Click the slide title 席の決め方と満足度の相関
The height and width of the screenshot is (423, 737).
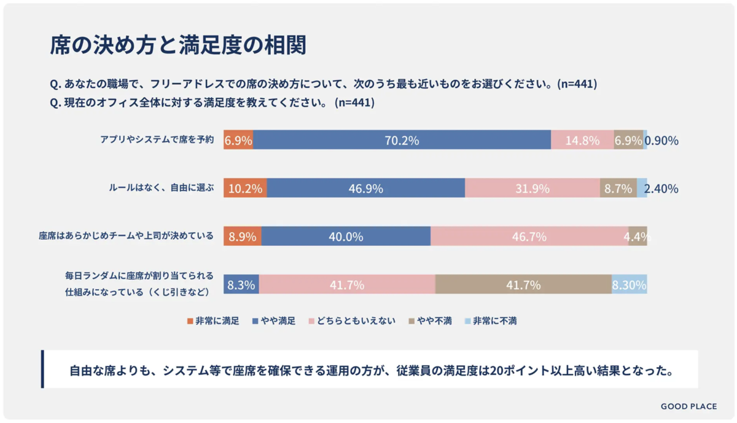point(177,45)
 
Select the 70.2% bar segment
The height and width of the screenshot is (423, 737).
point(402,140)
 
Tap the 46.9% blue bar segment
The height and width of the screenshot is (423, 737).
point(366,188)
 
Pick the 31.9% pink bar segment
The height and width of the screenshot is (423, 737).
point(532,188)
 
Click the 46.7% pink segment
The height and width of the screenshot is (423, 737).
point(529,236)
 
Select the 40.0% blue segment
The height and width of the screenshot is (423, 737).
point(346,236)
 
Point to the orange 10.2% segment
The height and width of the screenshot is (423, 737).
point(245,188)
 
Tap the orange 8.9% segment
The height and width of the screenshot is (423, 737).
point(242,236)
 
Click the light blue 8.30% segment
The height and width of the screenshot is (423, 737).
point(629,285)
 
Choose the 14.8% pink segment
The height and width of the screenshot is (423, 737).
point(582,140)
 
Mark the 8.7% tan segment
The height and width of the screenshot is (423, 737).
point(618,188)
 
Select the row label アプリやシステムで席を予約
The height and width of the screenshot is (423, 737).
point(157,140)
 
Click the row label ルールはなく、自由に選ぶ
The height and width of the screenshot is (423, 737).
point(162,188)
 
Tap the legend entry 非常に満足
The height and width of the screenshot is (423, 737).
point(213,321)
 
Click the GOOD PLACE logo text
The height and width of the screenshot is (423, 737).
point(688,406)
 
